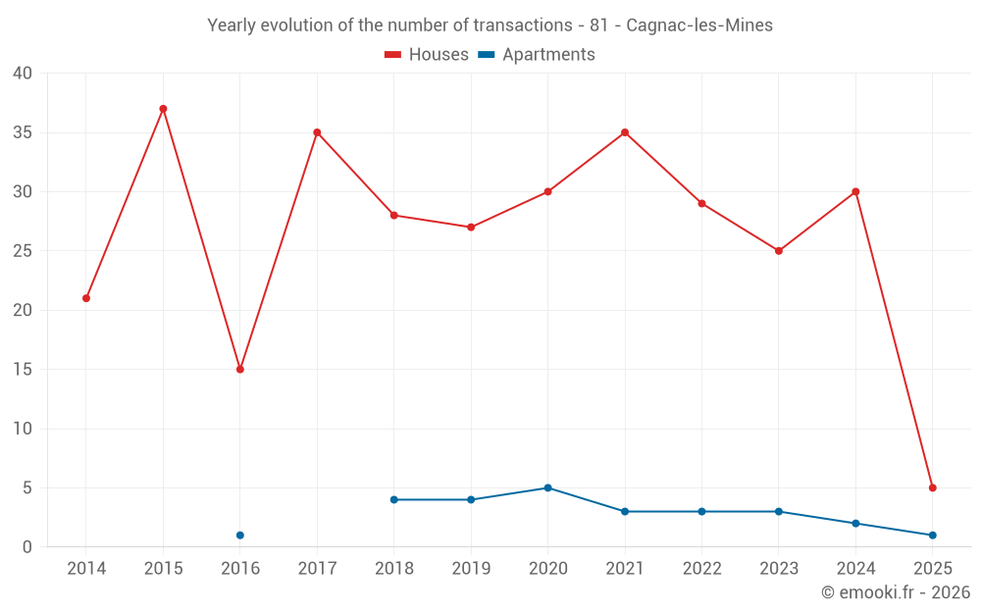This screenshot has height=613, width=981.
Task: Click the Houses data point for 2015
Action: pyautogui.click(x=163, y=109)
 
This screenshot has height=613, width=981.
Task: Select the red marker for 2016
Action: pyautogui.click(x=240, y=369)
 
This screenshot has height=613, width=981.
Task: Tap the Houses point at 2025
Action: pyautogui.click(x=933, y=487)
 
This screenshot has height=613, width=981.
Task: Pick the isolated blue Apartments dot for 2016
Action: pyautogui.click(x=240, y=536)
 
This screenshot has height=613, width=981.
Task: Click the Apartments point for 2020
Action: pyautogui.click(x=547, y=487)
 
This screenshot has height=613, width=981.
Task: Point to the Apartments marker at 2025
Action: pyautogui.click(x=933, y=536)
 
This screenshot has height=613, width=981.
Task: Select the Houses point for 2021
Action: pyautogui.click(x=625, y=132)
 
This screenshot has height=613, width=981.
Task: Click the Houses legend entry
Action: pyautogui.click(x=427, y=55)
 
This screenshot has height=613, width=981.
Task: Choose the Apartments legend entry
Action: pyautogui.click(x=537, y=55)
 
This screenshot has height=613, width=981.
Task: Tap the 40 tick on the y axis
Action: pyautogui.click(x=23, y=74)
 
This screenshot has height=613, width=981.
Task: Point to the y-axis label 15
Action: pyautogui.click(x=23, y=370)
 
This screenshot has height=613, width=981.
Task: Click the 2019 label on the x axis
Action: pyautogui.click(x=471, y=569)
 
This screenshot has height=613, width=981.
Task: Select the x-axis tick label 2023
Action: pyautogui.click(x=779, y=569)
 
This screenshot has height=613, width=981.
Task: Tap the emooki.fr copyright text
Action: pyautogui.click(x=896, y=592)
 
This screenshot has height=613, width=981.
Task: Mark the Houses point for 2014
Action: pyautogui.click(x=86, y=298)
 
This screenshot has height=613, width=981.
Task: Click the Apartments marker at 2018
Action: pyautogui.click(x=394, y=499)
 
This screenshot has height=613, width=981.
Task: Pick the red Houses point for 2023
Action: pyautogui.click(x=779, y=251)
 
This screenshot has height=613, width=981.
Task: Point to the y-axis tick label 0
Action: pyautogui.click(x=27, y=547)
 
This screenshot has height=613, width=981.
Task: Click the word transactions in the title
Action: pyautogui.click(x=521, y=26)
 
